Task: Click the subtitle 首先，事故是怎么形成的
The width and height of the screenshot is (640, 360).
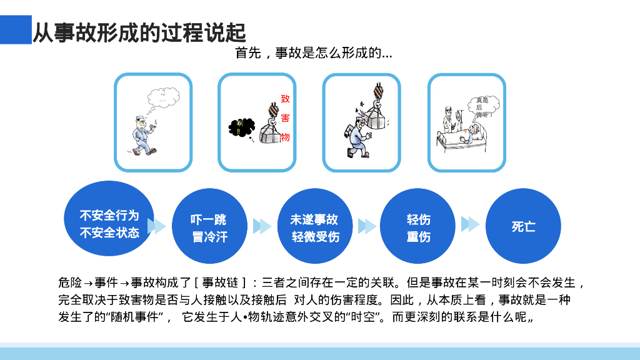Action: tap(313, 53)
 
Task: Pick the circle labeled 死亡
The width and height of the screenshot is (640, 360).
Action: tap(523, 226)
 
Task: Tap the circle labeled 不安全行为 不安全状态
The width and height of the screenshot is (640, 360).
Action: tap(109, 224)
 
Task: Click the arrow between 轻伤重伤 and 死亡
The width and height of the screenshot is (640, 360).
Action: tap(470, 224)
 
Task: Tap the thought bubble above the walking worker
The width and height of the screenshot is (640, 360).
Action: tap(164, 97)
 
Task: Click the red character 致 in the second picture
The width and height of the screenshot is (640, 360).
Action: tap(285, 99)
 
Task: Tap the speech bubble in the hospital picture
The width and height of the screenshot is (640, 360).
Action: tap(482, 107)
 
